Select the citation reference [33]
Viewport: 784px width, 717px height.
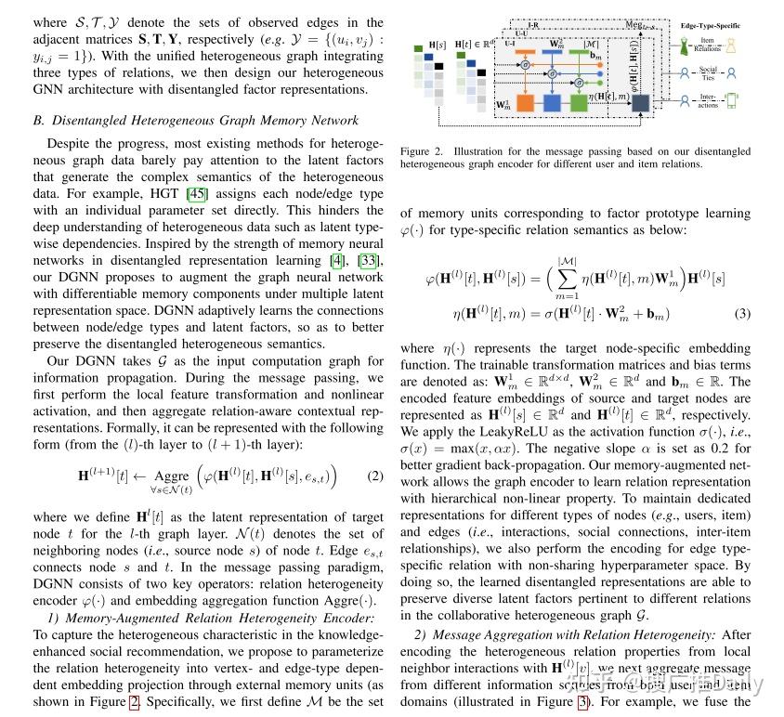tap(369, 259)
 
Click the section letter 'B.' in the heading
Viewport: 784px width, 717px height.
tap(39, 120)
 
